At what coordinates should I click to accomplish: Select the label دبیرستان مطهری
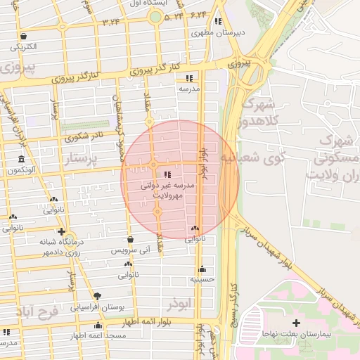click(218, 32)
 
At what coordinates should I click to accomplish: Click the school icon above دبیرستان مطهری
click(219, 21)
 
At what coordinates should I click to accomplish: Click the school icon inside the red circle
click(167, 174)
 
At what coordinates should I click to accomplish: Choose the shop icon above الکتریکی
click(25, 36)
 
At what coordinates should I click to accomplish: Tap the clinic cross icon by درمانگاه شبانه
click(62, 231)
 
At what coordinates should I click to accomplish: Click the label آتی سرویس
click(131, 250)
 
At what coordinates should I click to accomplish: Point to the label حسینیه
click(202, 279)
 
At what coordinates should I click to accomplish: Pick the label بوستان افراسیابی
click(97, 307)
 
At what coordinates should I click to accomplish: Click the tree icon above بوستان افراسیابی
click(97, 296)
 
